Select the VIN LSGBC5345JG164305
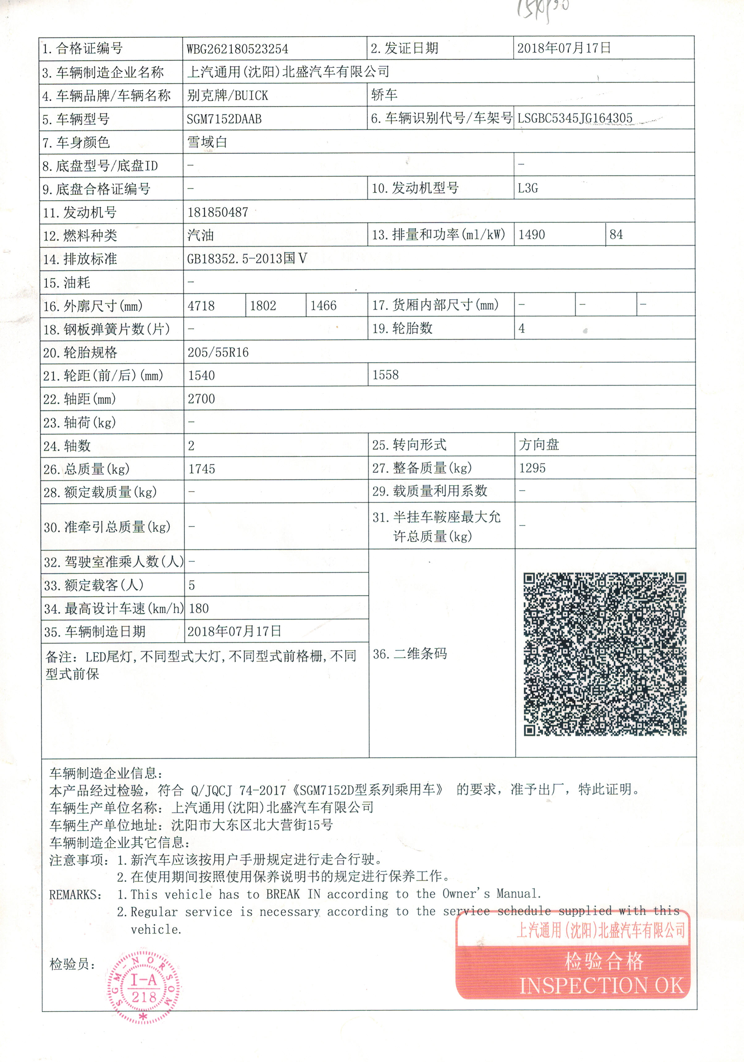(x=574, y=118)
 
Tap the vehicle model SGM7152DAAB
(x=224, y=119)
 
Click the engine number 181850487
(x=218, y=212)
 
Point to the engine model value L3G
(x=528, y=188)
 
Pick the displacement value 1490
(x=532, y=235)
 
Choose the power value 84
(x=616, y=235)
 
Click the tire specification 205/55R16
(x=218, y=352)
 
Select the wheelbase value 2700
(x=201, y=399)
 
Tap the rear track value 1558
(x=385, y=375)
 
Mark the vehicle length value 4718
(x=201, y=306)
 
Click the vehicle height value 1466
(x=323, y=306)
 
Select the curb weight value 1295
(x=532, y=468)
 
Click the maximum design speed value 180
(x=199, y=608)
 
